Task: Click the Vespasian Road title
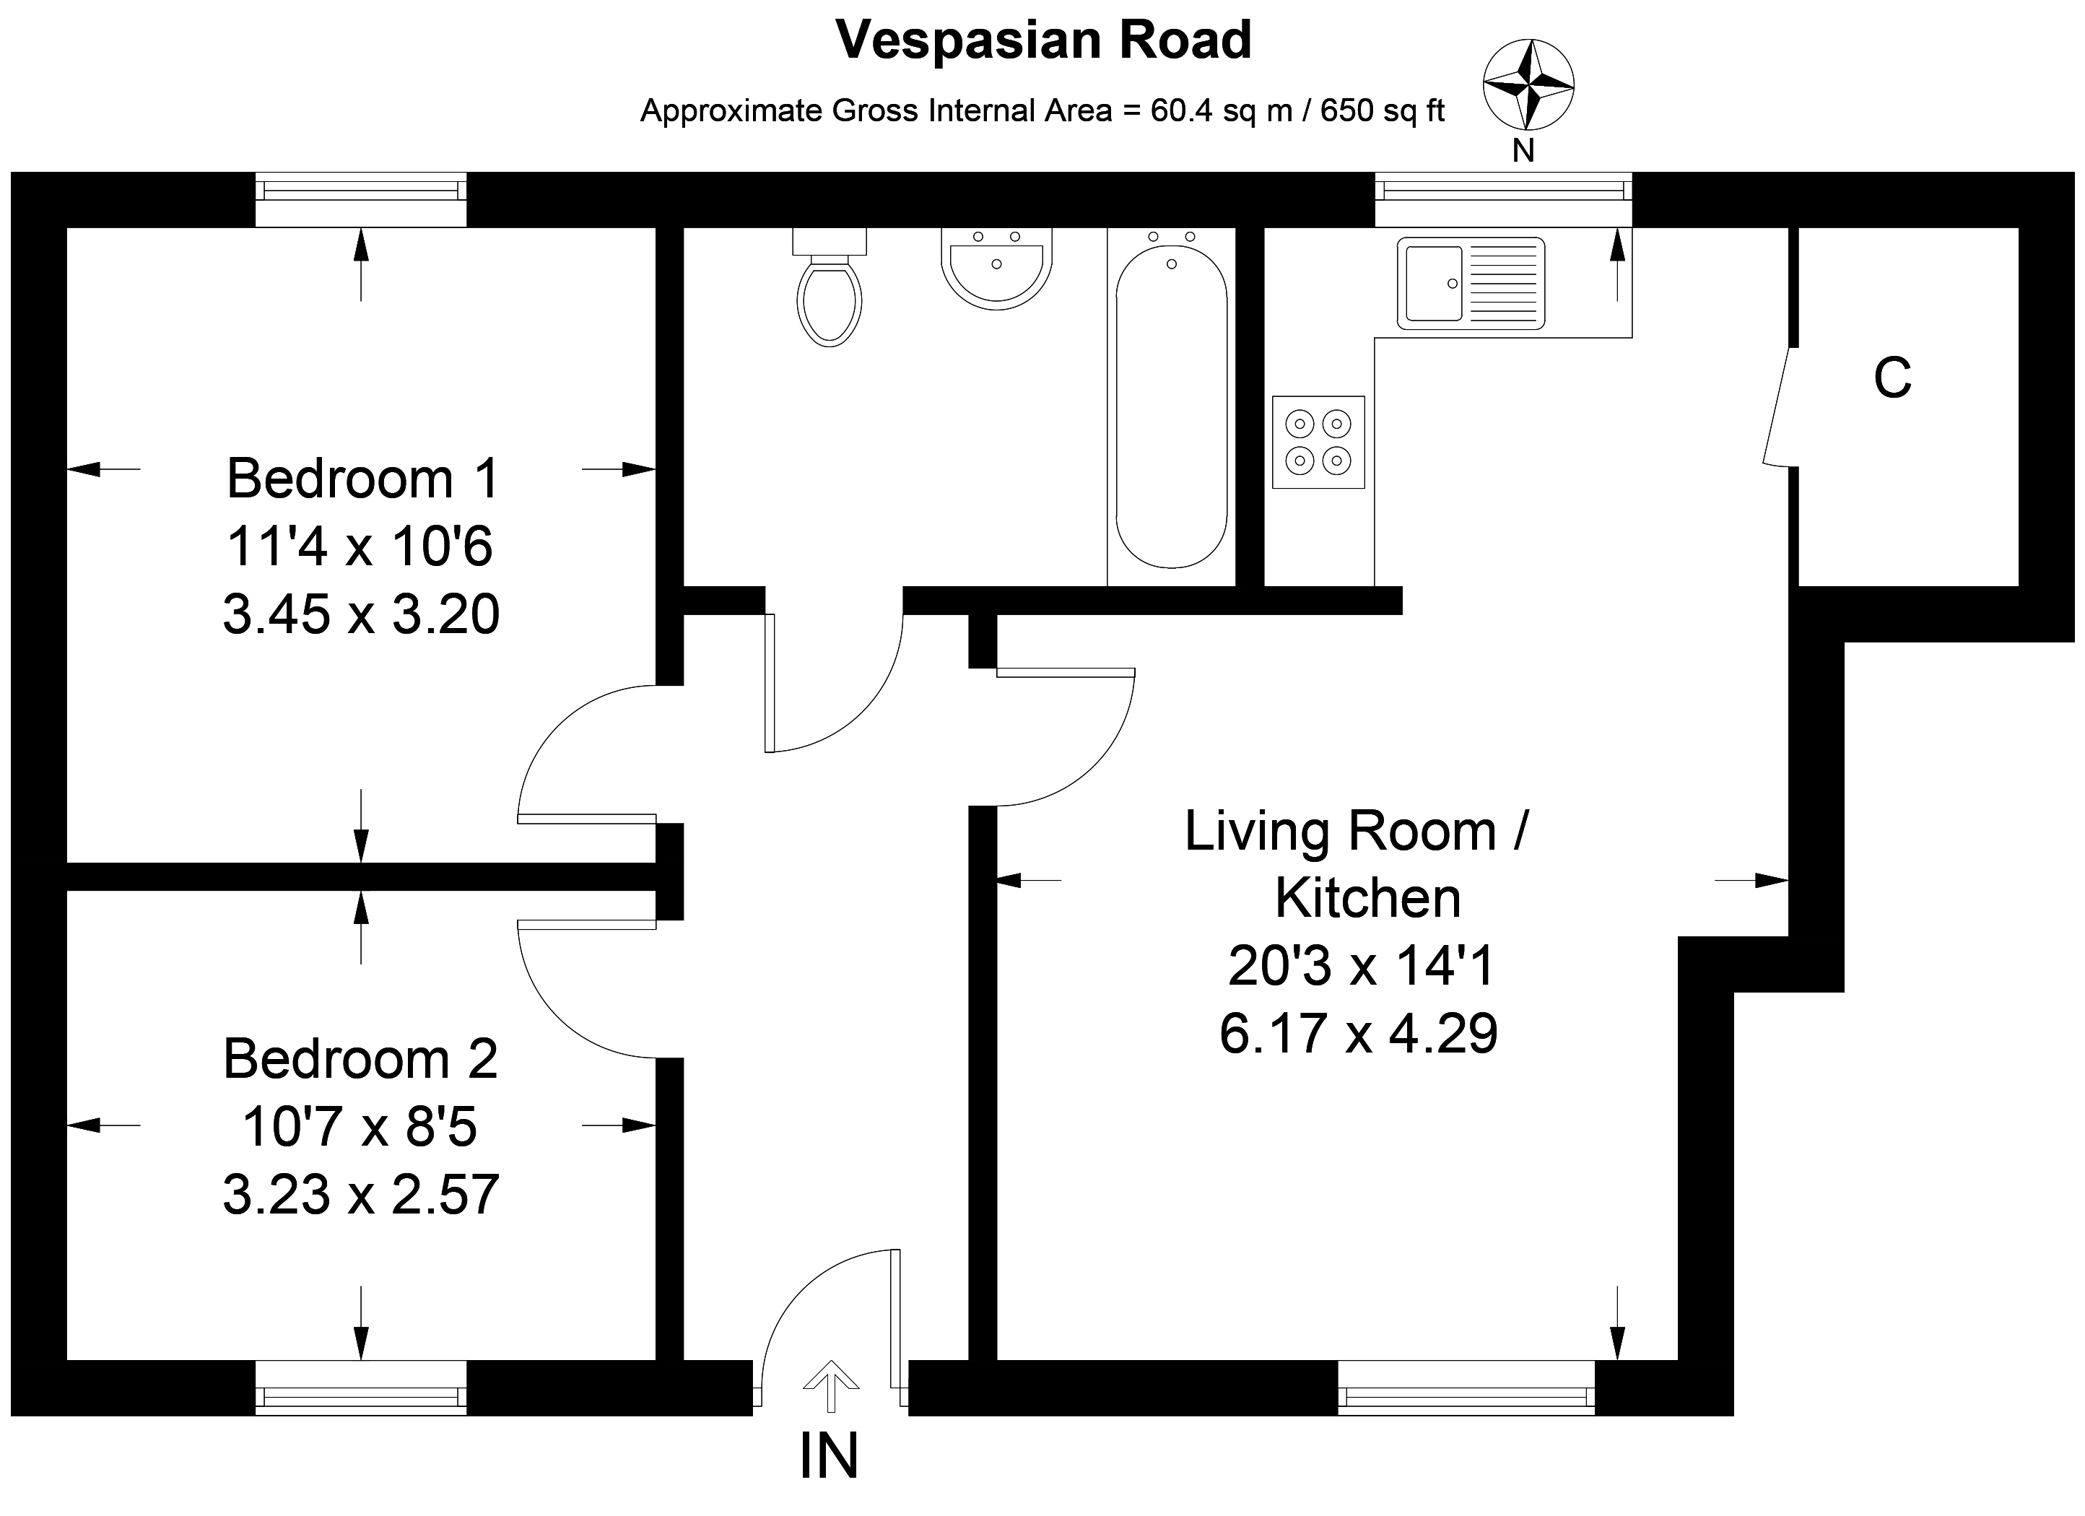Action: pos(1043,40)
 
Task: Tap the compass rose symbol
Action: pos(1528,84)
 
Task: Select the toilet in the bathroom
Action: pos(830,287)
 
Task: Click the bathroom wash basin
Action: pos(996,268)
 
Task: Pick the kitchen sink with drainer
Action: pos(1471,283)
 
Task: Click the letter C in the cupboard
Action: pos(1892,377)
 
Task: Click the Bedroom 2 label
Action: pos(360,1058)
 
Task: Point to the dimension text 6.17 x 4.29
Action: pos(1359,1032)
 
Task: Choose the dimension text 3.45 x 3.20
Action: pos(361,614)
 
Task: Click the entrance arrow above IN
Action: pos(831,1385)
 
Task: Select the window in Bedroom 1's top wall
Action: pos(360,199)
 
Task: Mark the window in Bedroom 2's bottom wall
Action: pos(360,1388)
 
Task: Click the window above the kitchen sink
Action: pos(1503,199)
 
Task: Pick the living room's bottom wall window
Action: pos(1466,1388)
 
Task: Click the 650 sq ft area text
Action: pos(1383,111)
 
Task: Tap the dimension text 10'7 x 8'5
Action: pos(360,1126)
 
